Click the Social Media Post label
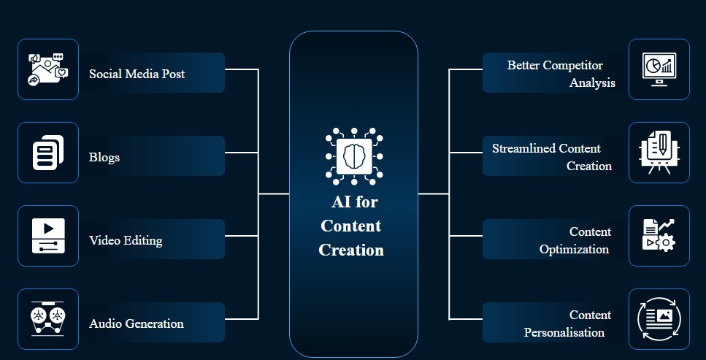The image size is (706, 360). (137, 74)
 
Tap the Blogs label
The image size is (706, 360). (104, 157)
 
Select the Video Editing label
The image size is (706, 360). (126, 240)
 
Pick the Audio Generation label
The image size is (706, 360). (137, 323)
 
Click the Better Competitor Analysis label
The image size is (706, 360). (561, 74)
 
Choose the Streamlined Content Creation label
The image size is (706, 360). (552, 157)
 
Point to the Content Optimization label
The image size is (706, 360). (575, 240)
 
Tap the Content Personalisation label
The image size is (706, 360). (568, 323)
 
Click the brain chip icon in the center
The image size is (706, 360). (354, 156)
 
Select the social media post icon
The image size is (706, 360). (48, 69)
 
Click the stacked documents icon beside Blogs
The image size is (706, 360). (48, 153)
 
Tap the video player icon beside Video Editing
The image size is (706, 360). (48, 236)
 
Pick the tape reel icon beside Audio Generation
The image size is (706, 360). (47, 318)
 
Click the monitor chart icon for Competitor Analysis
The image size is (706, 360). (659, 69)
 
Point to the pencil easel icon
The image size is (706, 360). (659, 153)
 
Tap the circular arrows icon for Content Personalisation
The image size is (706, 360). (659, 318)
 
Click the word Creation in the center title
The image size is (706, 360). (351, 250)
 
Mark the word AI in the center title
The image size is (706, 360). (341, 202)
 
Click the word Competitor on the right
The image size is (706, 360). (572, 65)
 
